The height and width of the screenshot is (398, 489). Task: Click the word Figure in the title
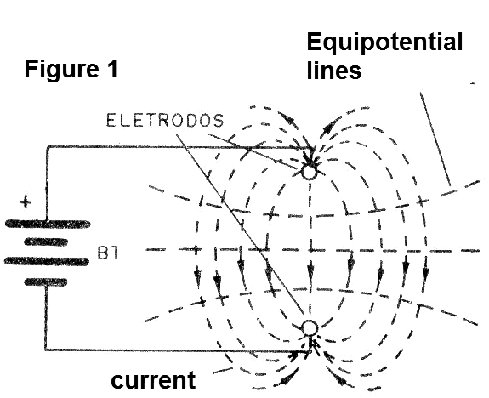click(x=61, y=70)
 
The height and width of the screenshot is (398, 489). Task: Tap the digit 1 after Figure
click(x=112, y=69)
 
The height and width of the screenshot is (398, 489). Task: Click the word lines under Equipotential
click(x=334, y=71)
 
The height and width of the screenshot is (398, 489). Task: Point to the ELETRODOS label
click(x=165, y=121)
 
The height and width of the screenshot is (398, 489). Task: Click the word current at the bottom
click(x=153, y=380)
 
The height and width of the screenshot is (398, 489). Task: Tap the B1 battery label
click(x=108, y=253)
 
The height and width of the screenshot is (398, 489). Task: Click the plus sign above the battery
click(x=26, y=202)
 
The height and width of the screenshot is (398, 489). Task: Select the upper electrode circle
click(x=310, y=172)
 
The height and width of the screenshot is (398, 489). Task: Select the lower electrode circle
click(x=310, y=327)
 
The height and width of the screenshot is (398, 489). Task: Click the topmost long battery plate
click(x=48, y=224)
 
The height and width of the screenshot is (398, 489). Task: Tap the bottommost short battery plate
click(x=46, y=282)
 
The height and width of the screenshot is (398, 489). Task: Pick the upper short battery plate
click(x=46, y=242)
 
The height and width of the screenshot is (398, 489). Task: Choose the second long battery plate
click(x=47, y=261)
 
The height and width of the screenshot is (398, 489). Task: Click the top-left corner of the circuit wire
click(x=48, y=146)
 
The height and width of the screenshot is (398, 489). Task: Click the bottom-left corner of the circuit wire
click(x=46, y=350)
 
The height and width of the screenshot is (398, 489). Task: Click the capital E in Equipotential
click(x=315, y=42)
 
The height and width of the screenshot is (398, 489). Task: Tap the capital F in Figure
click(x=31, y=69)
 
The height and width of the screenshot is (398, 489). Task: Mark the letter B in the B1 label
click(x=102, y=253)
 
